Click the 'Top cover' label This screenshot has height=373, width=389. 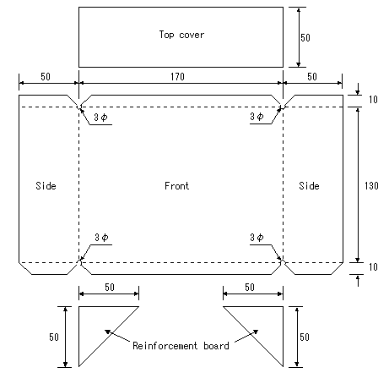coord(181,35)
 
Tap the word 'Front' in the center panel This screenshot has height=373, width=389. coord(176,186)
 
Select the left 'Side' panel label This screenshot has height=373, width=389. coord(46,186)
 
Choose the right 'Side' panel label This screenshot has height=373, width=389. coord(309,186)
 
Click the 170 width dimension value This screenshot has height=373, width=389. coord(177,76)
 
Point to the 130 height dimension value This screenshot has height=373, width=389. coord(371,186)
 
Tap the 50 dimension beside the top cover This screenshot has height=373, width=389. coord(305,37)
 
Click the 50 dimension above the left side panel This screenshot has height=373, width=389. coord(46,76)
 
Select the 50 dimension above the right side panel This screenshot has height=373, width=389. coord(312,76)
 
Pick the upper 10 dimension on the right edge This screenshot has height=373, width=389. coord(373,100)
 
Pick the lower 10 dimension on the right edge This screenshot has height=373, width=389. coord(373,266)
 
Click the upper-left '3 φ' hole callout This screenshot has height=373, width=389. coord(100,117)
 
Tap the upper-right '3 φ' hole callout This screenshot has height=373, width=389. coord(257,116)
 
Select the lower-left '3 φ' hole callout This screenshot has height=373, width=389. coord(101,238)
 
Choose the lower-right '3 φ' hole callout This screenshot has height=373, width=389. coord(257,238)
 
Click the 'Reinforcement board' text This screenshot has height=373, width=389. coord(181,346)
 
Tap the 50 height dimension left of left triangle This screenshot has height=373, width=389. coord(54,337)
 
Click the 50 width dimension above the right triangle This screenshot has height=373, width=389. coord(250,287)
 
